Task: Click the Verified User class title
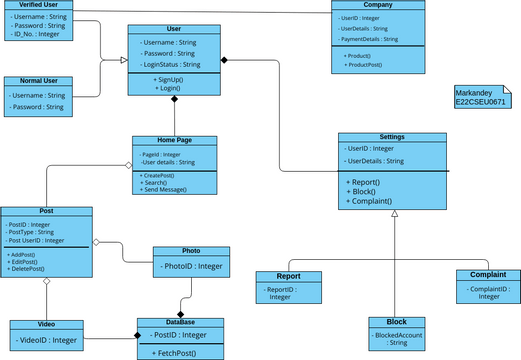(36, 5)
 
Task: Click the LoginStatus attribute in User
(172, 64)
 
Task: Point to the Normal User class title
(37, 81)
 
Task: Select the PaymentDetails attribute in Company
(369, 40)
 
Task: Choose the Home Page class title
(174, 141)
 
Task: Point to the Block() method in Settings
(363, 191)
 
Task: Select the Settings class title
(391, 137)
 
